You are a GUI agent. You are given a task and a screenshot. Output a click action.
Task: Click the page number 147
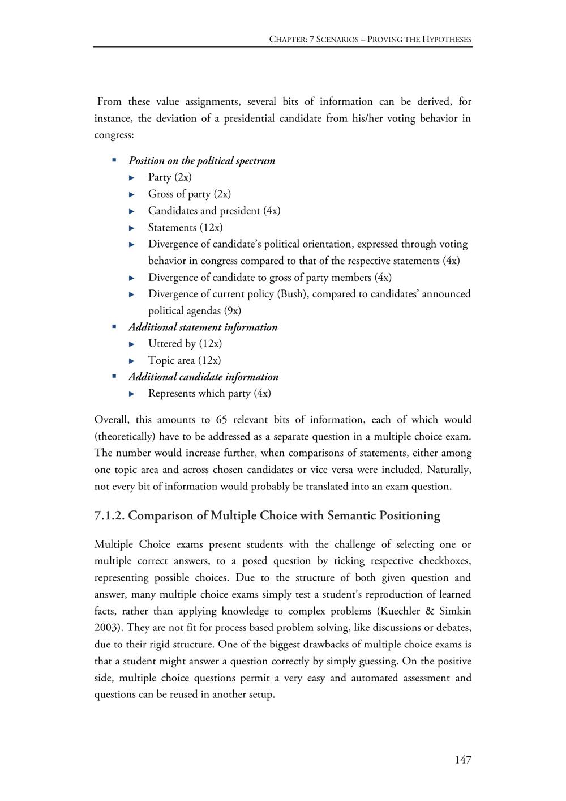tap(462, 760)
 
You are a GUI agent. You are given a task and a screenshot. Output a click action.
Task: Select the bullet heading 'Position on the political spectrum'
tap(201, 161)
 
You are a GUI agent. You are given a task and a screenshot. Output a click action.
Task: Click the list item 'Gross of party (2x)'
tap(189, 194)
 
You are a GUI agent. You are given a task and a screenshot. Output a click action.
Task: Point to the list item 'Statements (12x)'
tap(185, 228)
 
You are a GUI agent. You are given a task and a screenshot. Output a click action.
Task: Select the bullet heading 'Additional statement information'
tap(203, 327)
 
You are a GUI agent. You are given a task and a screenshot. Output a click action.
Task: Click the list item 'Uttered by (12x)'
tap(185, 344)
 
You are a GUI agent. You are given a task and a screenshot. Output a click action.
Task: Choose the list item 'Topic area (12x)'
tap(184, 360)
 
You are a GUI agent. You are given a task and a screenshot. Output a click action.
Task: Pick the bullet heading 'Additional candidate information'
tap(203, 377)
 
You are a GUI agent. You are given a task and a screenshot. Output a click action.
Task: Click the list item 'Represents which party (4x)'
tap(209, 394)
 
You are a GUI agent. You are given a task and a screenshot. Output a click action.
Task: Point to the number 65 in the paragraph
tap(221, 420)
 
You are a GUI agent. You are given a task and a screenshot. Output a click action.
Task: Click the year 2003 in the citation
tap(105, 628)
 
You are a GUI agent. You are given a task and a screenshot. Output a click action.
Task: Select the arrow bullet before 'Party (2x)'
tap(132, 178)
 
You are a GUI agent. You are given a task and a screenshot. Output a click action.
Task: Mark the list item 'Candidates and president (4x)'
tap(214, 211)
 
